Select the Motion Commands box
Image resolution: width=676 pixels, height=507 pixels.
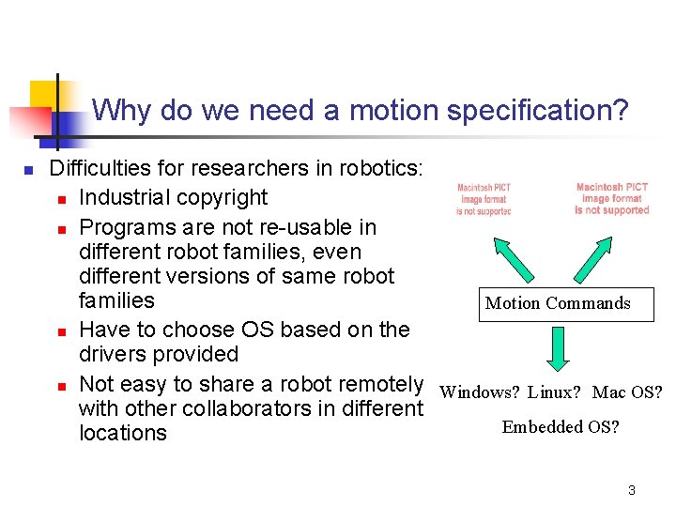[565, 303]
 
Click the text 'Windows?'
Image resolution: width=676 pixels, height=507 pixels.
[478, 392]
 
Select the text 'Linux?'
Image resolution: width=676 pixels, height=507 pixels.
[556, 392]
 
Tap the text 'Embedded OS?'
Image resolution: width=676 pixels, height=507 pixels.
[560, 427]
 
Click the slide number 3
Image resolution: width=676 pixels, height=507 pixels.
[632, 490]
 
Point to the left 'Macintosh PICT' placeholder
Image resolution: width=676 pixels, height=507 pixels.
[484, 199]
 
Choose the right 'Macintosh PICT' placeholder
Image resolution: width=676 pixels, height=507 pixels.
[612, 198]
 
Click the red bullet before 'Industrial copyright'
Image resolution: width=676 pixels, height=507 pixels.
[60, 199]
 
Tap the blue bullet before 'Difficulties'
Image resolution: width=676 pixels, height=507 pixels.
[28, 170]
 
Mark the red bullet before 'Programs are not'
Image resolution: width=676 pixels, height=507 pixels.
[60, 229]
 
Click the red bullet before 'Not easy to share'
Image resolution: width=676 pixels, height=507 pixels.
[60, 386]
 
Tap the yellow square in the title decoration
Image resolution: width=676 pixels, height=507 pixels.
[44, 94]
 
